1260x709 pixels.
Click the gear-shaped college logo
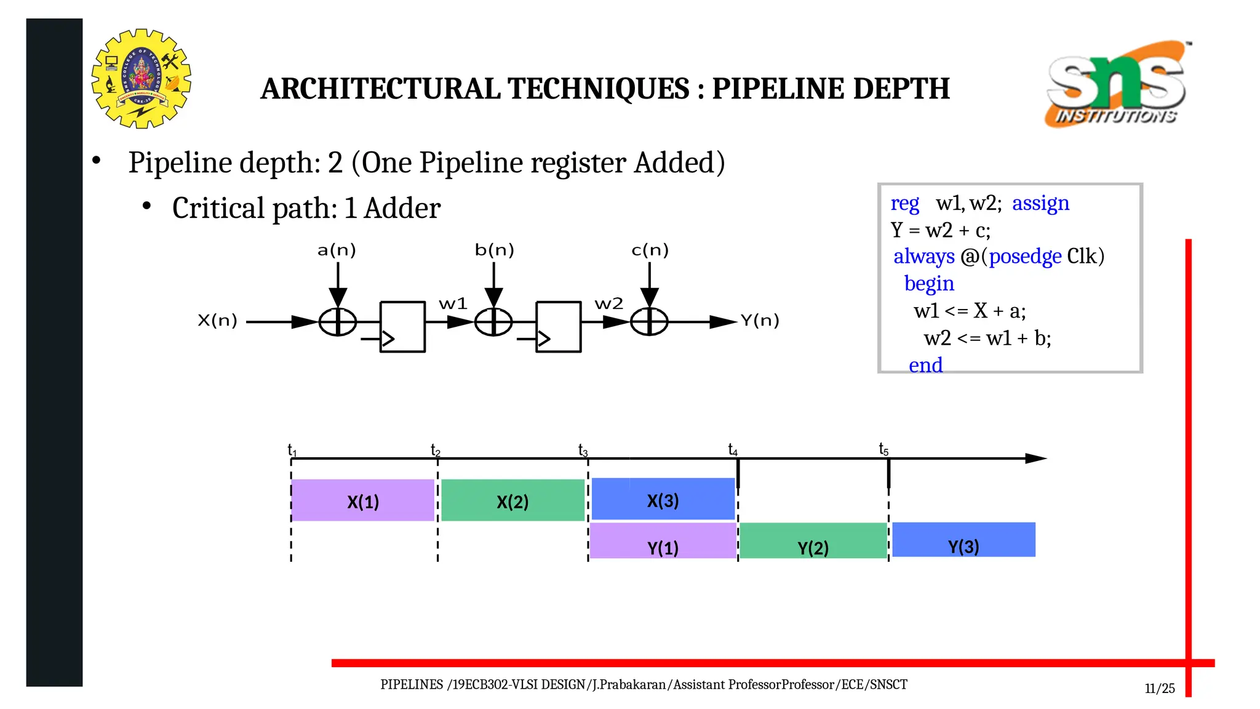point(142,79)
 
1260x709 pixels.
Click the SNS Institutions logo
point(1117,84)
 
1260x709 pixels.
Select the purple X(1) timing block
point(363,500)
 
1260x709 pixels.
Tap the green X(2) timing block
point(512,500)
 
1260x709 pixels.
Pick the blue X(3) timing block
point(663,499)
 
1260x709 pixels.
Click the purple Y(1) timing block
point(663,541)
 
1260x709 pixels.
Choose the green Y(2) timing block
point(813,541)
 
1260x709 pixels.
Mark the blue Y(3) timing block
point(963,540)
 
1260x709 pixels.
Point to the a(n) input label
point(337,250)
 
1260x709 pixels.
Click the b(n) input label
point(494,250)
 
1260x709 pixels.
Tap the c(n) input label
point(650,250)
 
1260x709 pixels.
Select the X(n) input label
point(217,321)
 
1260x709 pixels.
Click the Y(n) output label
point(759,321)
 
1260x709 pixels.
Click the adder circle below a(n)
point(338,322)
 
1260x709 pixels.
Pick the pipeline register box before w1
point(402,327)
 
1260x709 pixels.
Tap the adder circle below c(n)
point(649,322)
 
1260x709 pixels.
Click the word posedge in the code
point(1025,256)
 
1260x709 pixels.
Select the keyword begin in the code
point(929,283)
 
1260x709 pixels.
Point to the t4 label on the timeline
point(733,450)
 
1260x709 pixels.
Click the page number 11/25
point(1160,689)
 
